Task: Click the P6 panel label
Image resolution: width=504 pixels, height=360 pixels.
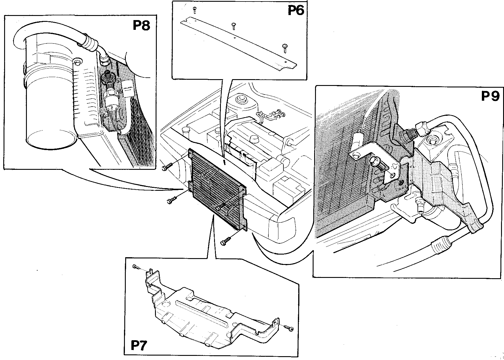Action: [x=296, y=11]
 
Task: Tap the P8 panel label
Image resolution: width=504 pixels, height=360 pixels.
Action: [x=141, y=25]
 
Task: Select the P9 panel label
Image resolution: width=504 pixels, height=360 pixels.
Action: [x=490, y=96]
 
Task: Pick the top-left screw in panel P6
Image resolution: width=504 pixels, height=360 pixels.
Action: [x=195, y=10]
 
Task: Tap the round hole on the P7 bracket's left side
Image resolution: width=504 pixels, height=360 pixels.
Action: [x=166, y=304]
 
